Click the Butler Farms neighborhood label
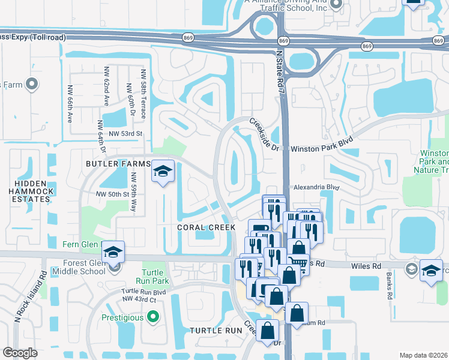[x=117, y=164]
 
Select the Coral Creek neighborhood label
[x=206, y=227]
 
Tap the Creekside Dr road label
[x=265, y=134]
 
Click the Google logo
[x=20, y=353]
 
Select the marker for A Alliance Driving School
[x=336, y=4]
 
